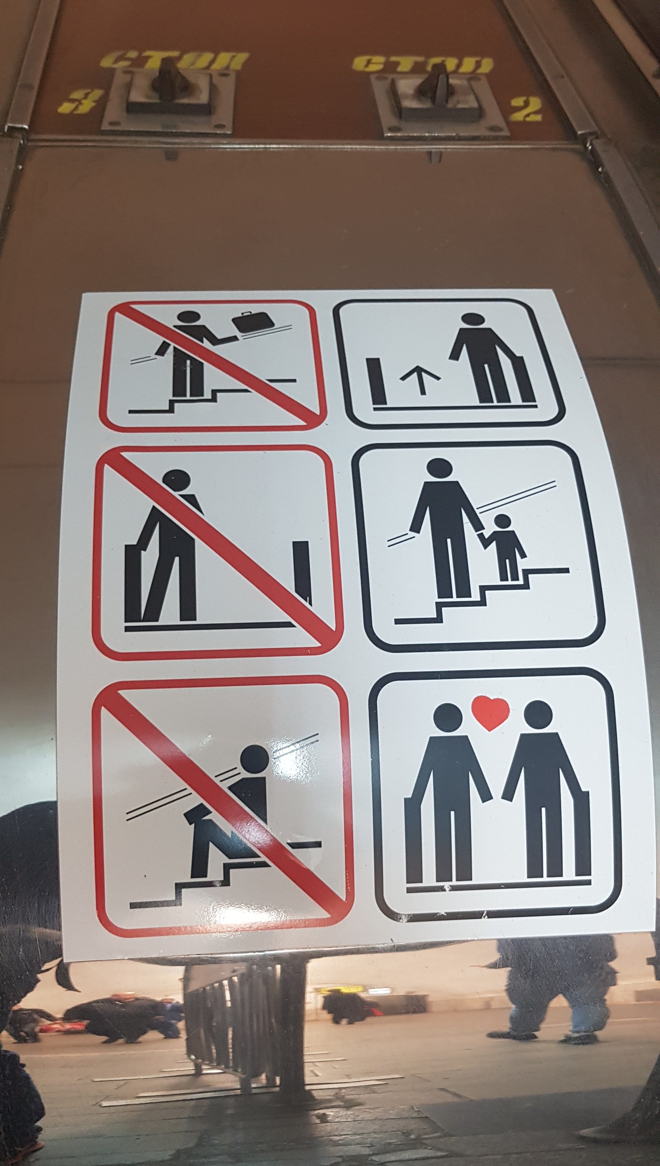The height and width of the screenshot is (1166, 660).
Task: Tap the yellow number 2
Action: (526, 109)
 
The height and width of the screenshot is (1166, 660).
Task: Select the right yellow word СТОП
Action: (422, 64)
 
